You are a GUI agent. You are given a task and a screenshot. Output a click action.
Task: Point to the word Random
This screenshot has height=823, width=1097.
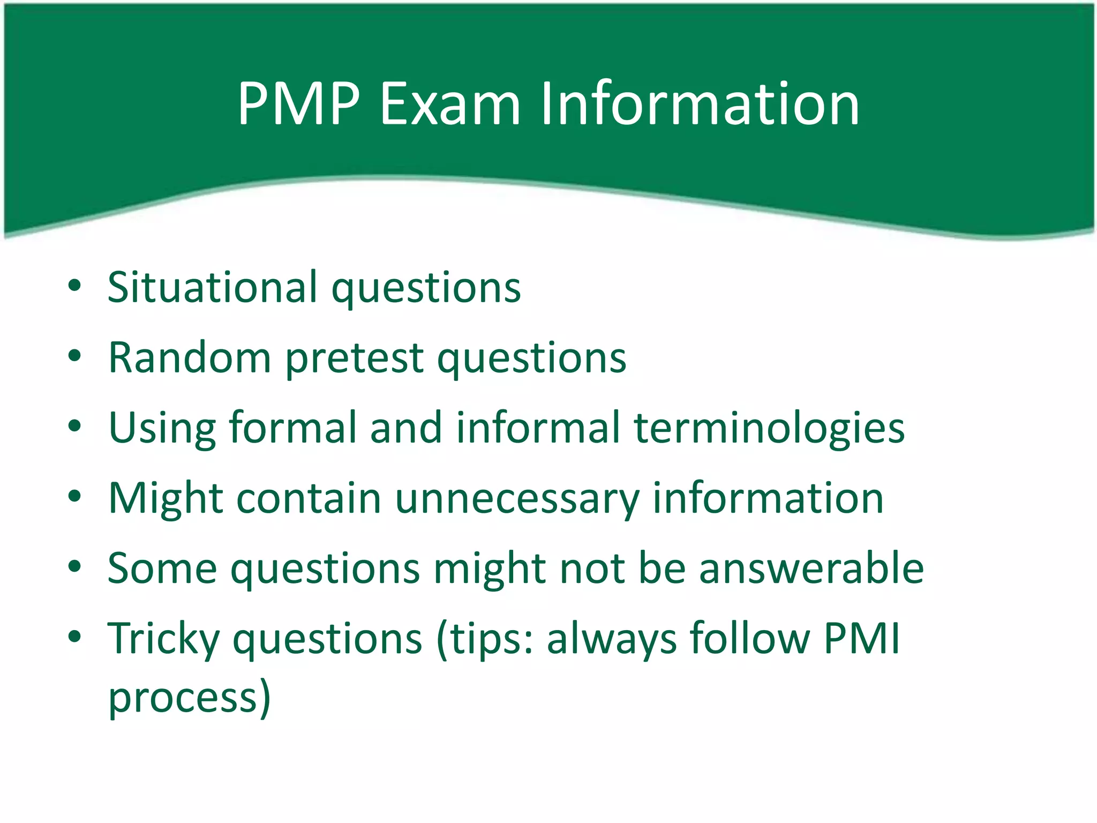coord(190,357)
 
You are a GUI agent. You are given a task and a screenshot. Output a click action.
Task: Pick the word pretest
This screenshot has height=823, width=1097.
coord(355,357)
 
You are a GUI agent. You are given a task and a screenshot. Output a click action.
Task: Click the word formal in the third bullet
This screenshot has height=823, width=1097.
coord(292,428)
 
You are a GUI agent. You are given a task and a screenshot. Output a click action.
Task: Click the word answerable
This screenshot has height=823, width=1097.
coord(811,568)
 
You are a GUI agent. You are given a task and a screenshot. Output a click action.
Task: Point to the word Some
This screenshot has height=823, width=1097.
coord(162,568)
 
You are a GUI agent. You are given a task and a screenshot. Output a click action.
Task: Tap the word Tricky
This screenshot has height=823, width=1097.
coord(163,639)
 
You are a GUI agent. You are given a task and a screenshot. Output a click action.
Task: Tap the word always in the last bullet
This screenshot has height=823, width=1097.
coord(612,639)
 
